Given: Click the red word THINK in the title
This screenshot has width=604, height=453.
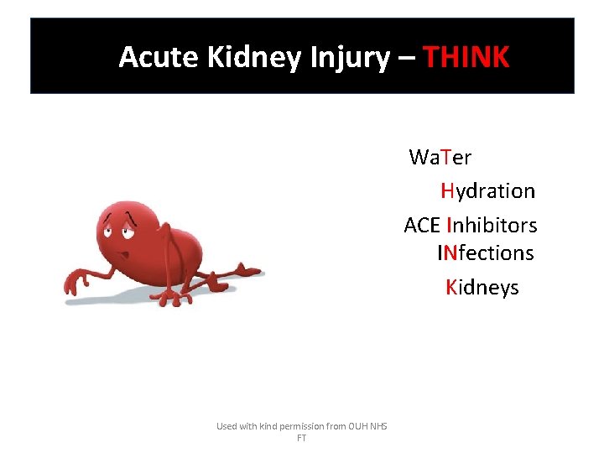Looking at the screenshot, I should [466, 57].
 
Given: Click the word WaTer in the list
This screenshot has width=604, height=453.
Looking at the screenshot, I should [440, 157].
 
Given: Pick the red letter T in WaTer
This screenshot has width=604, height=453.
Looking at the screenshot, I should [445, 157].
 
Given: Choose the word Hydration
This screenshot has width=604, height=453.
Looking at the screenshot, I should [487, 190].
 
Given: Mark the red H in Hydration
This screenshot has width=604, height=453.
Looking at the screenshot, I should [447, 190].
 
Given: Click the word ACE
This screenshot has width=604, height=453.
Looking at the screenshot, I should [422, 225].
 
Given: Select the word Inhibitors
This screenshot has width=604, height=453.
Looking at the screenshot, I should [492, 225].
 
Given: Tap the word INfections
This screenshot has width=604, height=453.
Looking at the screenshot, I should [485, 253].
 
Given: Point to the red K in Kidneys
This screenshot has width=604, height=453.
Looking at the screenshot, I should [451, 288].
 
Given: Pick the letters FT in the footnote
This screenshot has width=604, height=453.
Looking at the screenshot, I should [301, 438].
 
